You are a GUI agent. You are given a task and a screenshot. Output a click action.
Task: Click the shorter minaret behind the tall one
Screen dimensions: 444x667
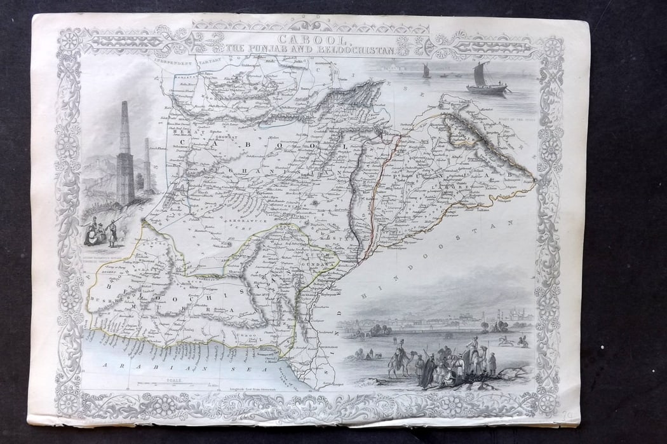147,165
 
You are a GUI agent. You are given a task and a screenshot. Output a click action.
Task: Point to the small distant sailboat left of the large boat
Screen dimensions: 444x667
426,71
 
